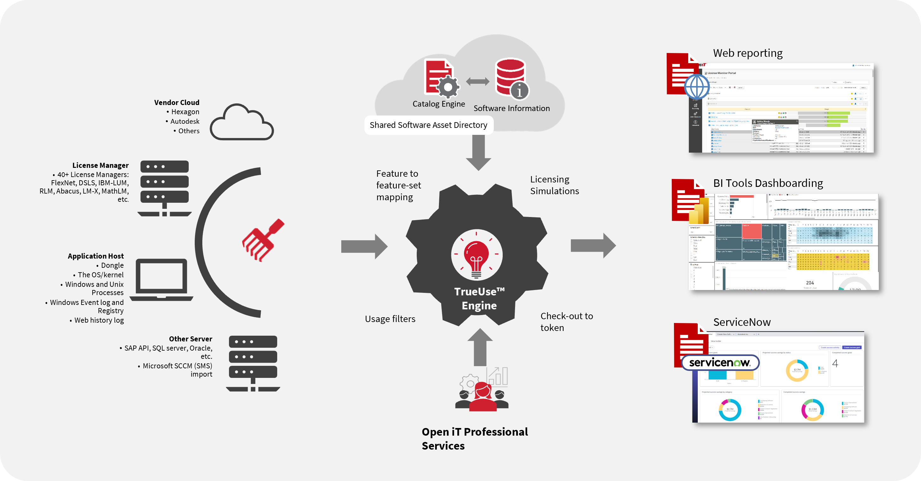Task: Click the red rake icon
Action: pos(263,240)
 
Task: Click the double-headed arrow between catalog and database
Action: pos(478,82)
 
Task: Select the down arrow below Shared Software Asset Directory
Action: pos(478,152)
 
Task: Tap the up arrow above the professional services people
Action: pos(480,347)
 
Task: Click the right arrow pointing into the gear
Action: pos(364,247)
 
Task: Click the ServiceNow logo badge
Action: pos(720,363)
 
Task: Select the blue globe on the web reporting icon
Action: pos(696,87)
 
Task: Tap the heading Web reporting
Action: pos(748,53)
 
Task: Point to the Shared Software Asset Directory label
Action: pos(428,125)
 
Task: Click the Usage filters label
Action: pos(390,319)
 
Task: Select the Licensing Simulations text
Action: pos(554,185)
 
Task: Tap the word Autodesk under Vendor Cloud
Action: pos(185,122)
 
